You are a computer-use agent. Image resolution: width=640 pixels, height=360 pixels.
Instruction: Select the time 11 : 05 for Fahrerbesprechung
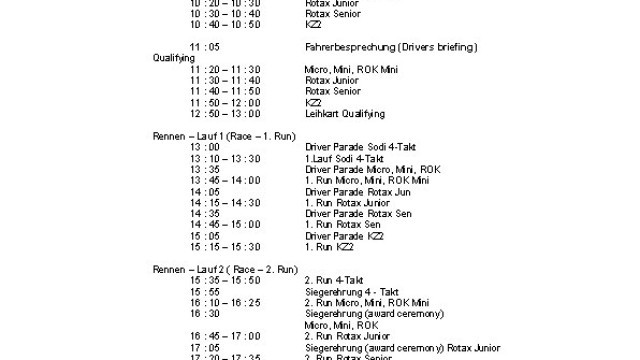pyautogui.click(x=201, y=47)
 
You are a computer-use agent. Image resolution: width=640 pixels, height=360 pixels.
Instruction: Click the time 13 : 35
pyautogui.click(x=201, y=168)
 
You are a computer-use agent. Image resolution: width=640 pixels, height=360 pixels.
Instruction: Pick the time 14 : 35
pyautogui.click(x=201, y=212)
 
